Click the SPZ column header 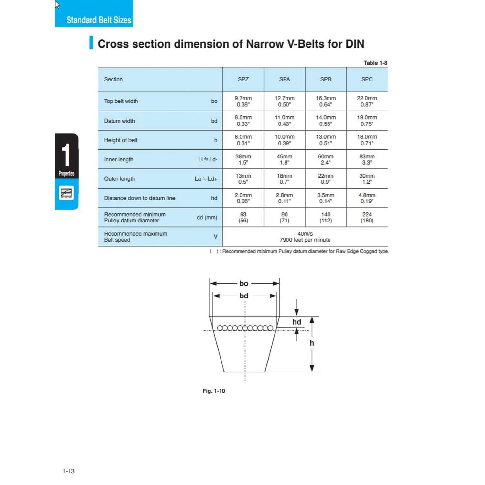pos(243,79)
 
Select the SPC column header pos(367,79)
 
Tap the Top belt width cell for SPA pos(285,101)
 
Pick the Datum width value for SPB pos(326,121)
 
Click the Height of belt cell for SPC pos(367,140)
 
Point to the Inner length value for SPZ pos(243,159)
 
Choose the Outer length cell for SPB pos(326,179)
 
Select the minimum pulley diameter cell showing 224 pos(367,217)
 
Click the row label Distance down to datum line pos(140,198)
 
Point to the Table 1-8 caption pos(375,63)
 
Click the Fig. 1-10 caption pos(214,391)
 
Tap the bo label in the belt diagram pos(244,284)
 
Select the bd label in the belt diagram pos(244,296)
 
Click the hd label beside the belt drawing pos(296,322)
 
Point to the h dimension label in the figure pos(312,343)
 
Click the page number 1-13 pos(69,471)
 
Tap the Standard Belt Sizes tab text pos(99,20)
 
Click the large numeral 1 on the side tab pos(66,155)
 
